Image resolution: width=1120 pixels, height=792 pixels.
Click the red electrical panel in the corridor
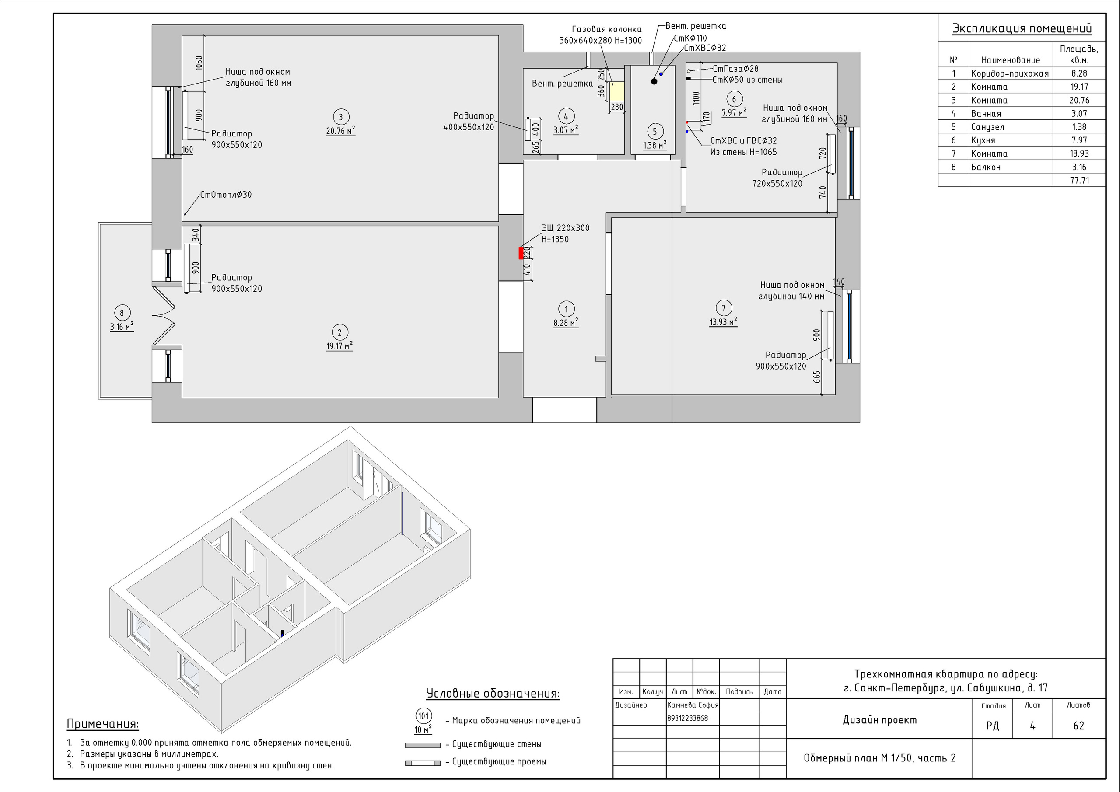[x=521, y=253]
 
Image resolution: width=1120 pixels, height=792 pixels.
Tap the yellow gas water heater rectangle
[x=617, y=91]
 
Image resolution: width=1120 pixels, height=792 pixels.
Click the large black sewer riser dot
[x=654, y=81]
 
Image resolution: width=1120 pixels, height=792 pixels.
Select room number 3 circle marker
[x=340, y=117]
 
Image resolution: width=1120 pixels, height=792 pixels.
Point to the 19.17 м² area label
[x=339, y=346]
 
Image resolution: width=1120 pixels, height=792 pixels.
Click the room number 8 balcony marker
[x=122, y=313]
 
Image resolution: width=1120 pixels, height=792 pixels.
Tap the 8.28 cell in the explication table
[x=1079, y=73]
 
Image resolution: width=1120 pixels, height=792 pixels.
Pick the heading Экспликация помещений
[x=1022, y=29]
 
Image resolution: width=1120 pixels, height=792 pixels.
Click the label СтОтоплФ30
[x=226, y=195]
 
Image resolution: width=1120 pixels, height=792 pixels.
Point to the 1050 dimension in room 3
[x=199, y=63]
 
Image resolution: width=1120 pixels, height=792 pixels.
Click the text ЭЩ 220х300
[x=565, y=228]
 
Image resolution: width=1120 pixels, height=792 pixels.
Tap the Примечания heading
[x=103, y=724]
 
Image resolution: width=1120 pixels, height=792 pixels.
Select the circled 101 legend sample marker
[x=423, y=716]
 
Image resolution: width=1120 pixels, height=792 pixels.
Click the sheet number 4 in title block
[x=1032, y=726]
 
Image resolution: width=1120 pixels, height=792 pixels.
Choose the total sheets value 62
[x=1078, y=726]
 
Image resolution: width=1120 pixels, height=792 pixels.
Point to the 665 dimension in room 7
[x=818, y=377]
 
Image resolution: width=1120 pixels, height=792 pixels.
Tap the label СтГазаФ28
[x=735, y=69]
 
